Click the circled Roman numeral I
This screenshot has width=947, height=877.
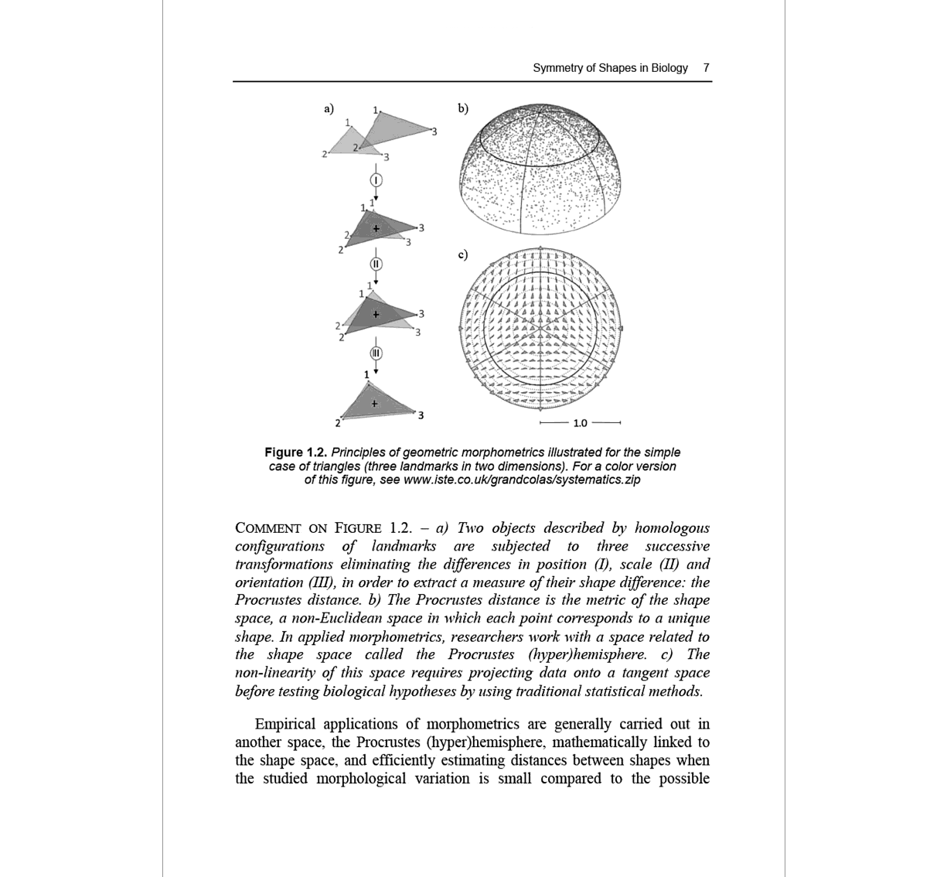376,179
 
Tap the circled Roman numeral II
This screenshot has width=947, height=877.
376,263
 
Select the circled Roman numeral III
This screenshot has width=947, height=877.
376,353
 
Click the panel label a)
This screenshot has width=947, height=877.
329,108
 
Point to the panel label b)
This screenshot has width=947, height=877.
462,108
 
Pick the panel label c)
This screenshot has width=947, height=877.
462,254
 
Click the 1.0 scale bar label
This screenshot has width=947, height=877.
580,423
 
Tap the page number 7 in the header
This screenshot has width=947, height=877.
706,68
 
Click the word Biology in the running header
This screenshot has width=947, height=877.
669,68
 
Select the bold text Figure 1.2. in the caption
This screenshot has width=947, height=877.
296,452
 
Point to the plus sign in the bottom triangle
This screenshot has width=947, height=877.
374,403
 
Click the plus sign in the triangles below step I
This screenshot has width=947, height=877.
376,228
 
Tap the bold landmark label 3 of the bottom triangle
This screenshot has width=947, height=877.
421,416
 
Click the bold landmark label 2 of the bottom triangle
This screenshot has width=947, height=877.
337,422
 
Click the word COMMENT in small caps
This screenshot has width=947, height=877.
268,529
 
